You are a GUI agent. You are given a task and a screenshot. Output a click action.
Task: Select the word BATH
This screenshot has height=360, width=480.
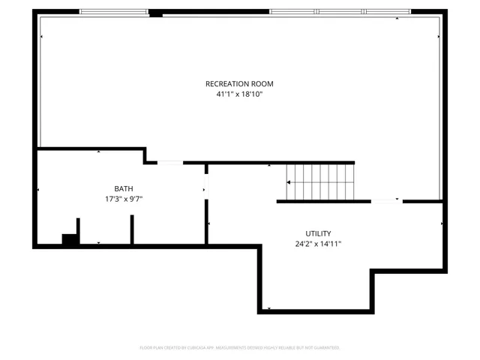tap(124, 188)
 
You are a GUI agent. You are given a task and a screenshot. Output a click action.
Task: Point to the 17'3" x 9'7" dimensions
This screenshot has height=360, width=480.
tap(124, 199)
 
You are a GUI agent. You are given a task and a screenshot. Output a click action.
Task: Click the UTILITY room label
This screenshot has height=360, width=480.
tap(318, 233)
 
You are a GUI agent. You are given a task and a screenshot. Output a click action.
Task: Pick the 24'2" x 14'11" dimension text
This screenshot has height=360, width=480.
tap(318, 244)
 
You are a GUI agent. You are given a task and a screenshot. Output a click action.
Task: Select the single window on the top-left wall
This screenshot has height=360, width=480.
tap(115, 12)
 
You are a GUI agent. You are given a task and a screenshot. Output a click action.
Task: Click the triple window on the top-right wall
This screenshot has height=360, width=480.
tap(340, 12)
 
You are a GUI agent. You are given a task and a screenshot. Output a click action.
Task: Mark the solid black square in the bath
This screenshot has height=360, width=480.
tap(70, 239)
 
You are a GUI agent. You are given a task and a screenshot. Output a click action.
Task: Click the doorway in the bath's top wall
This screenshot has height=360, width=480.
tap(170, 162)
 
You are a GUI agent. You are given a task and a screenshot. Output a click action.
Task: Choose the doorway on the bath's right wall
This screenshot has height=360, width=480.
tap(206, 188)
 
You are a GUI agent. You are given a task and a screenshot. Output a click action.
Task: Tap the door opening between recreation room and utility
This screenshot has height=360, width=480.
tap(387, 201)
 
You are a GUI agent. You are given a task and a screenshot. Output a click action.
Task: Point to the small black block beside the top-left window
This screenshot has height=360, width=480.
tap(156, 13)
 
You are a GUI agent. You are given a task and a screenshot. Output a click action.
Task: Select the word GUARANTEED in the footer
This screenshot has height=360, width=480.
tap(324, 348)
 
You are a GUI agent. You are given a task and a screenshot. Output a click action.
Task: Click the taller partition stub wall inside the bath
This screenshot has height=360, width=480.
tap(132, 229)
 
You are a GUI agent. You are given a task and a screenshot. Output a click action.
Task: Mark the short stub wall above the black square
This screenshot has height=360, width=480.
tap(77, 226)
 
